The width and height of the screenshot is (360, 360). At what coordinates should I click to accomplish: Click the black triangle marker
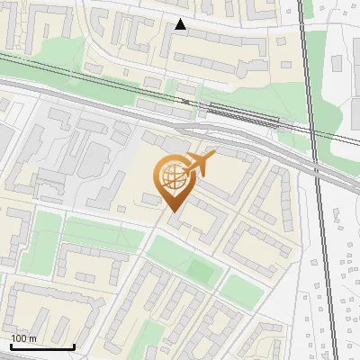[181, 25]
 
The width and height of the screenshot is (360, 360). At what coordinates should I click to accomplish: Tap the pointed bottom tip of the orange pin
[171, 212]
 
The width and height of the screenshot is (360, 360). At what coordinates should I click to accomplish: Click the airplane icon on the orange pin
[198, 165]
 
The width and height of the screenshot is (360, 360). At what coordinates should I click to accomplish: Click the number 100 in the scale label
[19, 338]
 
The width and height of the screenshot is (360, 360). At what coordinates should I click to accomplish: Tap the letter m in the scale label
[33, 338]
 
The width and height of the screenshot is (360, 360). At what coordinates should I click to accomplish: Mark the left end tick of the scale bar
[11, 346]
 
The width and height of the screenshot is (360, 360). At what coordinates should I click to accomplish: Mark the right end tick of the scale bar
[74, 346]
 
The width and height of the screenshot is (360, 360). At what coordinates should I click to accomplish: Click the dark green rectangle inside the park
[200, 267]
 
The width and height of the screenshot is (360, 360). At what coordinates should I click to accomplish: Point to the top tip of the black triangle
[181, 20]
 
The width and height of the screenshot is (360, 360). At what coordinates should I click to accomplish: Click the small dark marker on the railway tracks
[185, 101]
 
